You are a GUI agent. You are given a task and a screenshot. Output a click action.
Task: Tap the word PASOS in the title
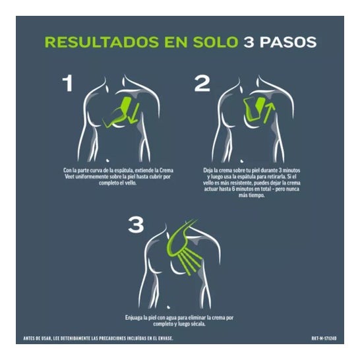(288, 42)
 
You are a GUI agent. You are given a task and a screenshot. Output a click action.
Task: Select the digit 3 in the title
(249, 42)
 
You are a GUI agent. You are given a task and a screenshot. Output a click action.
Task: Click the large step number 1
(68, 84)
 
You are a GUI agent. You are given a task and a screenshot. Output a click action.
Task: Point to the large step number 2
(202, 84)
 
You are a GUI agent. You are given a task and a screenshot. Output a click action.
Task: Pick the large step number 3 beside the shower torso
(136, 225)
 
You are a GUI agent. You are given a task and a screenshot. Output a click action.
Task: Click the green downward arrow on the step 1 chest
(134, 113)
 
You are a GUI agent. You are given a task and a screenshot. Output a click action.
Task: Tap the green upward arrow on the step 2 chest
(269, 113)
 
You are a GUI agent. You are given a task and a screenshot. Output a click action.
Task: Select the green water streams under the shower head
(191, 262)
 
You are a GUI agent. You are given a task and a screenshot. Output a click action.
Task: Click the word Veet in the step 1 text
(69, 177)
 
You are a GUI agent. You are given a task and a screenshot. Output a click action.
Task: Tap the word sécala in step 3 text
(198, 324)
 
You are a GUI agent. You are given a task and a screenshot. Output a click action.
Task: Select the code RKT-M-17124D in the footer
(324, 338)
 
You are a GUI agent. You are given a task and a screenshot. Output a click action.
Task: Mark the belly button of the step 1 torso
(107, 160)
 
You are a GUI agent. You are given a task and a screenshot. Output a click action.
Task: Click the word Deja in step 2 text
(208, 171)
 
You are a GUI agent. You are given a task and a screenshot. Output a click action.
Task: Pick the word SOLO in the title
(216, 42)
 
